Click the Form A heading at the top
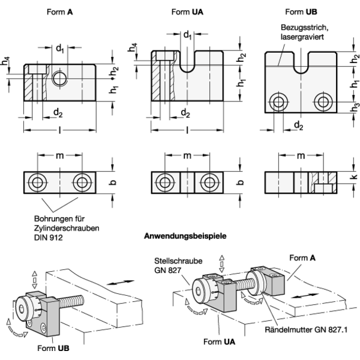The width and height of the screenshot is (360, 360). click(x=59, y=12)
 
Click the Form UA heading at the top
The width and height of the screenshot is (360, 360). click(x=187, y=12)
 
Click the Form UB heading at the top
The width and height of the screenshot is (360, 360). click(x=301, y=12)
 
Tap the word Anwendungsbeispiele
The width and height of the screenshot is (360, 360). click(x=185, y=236)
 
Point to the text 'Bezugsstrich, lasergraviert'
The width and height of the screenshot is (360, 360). click(x=304, y=32)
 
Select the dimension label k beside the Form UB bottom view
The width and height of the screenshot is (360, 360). click(x=355, y=176)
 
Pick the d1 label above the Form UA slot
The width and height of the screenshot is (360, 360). click(x=187, y=35)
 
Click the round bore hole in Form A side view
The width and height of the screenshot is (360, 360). click(x=59, y=79)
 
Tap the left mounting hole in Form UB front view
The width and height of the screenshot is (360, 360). click(x=278, y=101)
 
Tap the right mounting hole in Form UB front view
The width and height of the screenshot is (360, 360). click(x=323, y=101)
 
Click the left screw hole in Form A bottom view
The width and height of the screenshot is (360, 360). click(x=37, y=183)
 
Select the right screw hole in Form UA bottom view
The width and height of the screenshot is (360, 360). click(x=209, y=183)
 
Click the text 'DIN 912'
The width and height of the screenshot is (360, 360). click(x=48, y=238)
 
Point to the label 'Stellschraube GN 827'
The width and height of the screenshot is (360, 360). click(x=178, y=266)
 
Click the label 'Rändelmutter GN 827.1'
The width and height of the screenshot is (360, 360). click(x=306, y=329)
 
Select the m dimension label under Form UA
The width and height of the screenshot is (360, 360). click(x=187, y=155)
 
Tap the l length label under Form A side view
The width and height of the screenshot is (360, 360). click(x=59, y=130)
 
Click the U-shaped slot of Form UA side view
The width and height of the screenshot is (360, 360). click(x=187, y=62)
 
